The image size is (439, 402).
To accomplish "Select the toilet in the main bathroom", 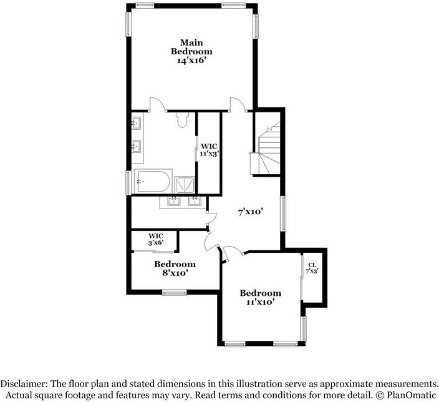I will point(183,118).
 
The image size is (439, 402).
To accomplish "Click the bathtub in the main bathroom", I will point(152,181).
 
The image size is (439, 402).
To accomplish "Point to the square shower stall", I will point(185,184).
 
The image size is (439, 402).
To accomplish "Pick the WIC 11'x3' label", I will point(209,150).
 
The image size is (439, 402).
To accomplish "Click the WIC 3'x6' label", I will point(155,239).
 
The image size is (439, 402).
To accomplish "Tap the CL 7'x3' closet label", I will point(312,269).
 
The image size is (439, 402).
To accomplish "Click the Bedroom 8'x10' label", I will point(175,268).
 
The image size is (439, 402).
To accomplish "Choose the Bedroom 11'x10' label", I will point(260,297).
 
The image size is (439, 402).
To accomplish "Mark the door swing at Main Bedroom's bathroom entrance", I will point(157,104).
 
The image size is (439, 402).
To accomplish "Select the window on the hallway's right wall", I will point(282,213).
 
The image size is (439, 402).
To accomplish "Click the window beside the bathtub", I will point(129,181).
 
